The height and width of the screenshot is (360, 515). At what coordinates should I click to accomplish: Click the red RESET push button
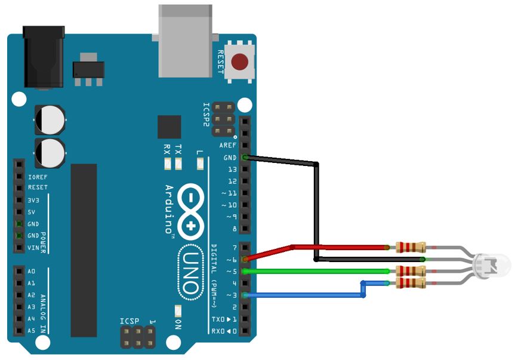pyautogui.click(x=240, y=61)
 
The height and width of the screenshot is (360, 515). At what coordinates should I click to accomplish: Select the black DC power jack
pyautogui.click(x=43, y=57)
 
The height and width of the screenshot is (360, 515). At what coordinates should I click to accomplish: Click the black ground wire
pyautogui.click(x=316, y=209)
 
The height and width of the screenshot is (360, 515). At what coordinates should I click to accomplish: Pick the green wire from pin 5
pyautogui.click(x=316, y=271)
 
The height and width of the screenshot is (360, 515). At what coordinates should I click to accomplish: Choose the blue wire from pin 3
pyautogui.click(x=304, y=294)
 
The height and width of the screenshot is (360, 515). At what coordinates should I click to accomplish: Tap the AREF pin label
pyautogui.click(x=228, y=146)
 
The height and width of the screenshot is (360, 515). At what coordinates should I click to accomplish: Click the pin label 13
pyautogui.click(x=232, y=170)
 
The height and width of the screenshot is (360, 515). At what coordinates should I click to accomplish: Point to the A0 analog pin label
pyautogui.click(x=32, y=272)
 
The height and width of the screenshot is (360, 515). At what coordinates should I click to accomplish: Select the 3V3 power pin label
pyautogui.click(x=33, y=201)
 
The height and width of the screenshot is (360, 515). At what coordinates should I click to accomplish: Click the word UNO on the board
pyautogui.click(x=190, y=271)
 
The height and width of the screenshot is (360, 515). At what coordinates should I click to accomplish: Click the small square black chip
pyautogui.click(x=169, y=127)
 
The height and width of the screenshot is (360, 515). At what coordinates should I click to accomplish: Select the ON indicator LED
pyautogui.click(x=177, y=311)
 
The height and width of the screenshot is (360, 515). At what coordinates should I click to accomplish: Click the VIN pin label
pyautogui.click(x=33, y=247)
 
